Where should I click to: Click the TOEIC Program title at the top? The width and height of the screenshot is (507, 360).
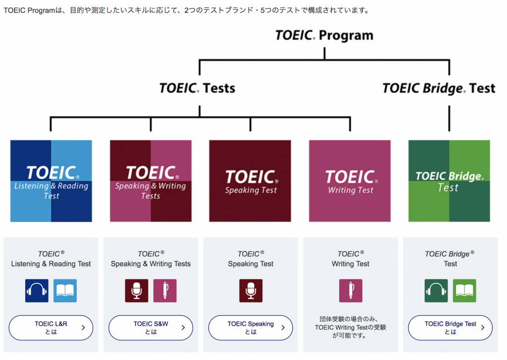324,35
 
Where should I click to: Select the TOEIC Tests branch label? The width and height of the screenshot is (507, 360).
197,88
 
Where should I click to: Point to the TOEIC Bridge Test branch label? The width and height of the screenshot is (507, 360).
439,88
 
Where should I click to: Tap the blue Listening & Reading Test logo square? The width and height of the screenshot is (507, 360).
51,181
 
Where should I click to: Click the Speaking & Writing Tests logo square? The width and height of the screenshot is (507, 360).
151,181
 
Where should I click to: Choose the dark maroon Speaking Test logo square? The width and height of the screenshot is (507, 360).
250,181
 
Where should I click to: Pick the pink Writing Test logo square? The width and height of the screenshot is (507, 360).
350,181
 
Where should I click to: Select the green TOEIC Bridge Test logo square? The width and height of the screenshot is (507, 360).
449,181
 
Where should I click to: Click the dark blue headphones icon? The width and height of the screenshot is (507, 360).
37,291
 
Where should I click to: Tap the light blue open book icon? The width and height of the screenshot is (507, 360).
65,291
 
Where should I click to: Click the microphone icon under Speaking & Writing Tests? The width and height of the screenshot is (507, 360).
137,291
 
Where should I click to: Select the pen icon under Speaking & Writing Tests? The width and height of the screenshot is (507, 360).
165,291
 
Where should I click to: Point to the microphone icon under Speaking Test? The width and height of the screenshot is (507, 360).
251,291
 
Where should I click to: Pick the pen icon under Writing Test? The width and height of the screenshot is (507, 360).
351,291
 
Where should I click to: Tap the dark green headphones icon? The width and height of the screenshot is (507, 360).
436,291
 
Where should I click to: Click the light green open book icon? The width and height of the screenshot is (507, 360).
464,291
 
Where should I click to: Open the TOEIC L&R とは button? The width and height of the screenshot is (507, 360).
51,328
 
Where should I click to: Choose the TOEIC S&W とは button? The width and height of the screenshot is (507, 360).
151,328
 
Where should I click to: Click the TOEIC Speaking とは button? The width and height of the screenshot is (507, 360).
251,328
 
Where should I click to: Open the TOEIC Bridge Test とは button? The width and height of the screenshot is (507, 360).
451,328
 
